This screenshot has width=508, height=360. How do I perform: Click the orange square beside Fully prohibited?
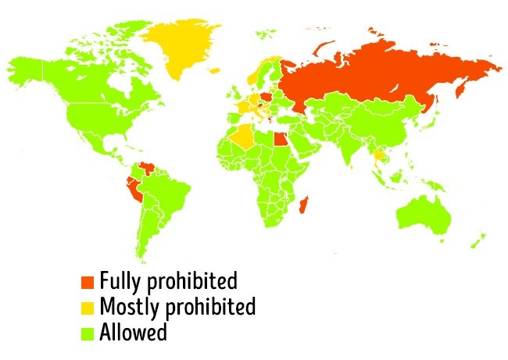pos(88,280)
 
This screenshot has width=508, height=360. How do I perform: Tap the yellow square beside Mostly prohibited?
pos(88,306)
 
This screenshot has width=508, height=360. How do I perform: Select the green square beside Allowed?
pos(88,333)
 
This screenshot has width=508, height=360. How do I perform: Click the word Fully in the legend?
pos(120,280)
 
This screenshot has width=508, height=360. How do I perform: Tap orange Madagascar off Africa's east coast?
pos(305,205)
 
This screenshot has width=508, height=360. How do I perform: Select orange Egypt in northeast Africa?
pos(278,141)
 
